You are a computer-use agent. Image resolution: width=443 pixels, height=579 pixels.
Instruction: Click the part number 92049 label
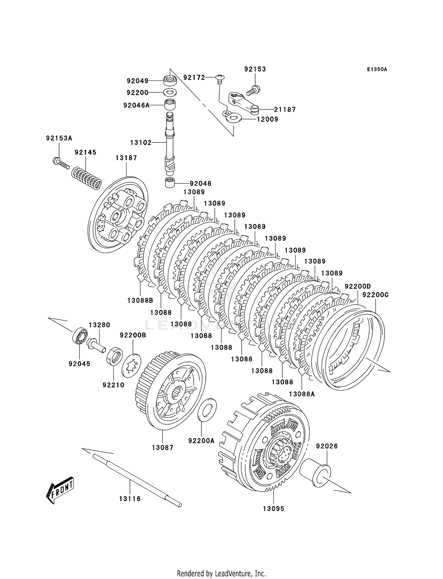point(137,81)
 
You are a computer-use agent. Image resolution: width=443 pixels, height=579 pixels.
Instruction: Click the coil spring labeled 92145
point(87,178)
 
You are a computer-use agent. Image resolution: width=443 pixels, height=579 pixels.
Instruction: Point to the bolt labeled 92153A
point(60,162)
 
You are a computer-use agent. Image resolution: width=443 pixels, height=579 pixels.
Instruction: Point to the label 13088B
point(140,300)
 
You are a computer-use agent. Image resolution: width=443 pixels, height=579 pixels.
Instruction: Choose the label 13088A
point(302,394)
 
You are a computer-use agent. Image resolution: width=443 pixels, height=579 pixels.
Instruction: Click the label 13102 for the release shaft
point(141,143)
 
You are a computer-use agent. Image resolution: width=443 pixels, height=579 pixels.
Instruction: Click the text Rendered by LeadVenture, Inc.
point(221,573)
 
